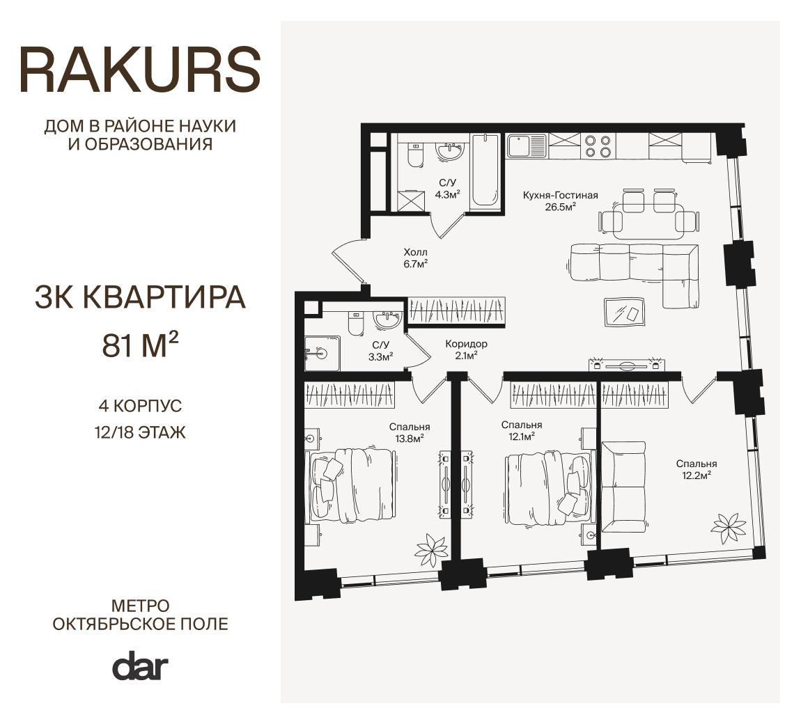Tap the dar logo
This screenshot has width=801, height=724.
[x=140, y=666]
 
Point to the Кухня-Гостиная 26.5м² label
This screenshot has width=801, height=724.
[x=560, y=200]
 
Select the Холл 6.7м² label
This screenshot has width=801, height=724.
[x=415, y=258]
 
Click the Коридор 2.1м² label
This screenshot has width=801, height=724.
[x=466, y=349]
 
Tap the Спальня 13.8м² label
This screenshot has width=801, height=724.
[x=409, y=432]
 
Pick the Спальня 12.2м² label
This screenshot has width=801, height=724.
[x=697, y=469]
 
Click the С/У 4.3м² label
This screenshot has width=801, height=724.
[x=447, y=189]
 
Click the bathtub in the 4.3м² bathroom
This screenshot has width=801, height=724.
[x=485, y=171]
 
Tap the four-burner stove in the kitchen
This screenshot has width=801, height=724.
[x=598, y=145]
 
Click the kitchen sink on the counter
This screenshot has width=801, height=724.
[x=527, y=145]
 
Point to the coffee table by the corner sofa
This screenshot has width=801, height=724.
[x=625, y=311]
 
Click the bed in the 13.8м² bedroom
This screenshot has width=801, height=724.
[x=351, y=485]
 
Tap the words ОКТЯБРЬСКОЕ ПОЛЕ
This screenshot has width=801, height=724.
[x=141, y=624]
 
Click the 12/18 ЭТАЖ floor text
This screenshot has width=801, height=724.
[x=140, y=432]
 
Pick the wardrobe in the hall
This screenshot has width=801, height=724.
[x=458, y=311]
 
